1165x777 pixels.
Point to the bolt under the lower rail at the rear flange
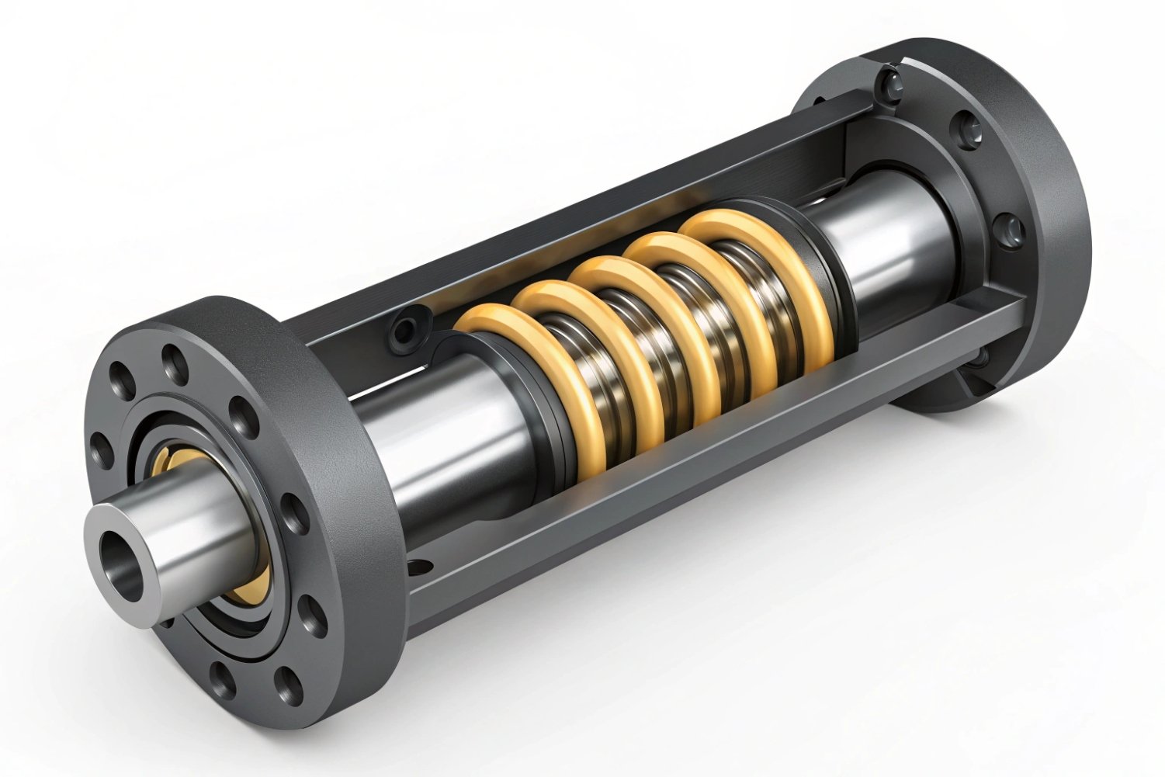point(980,357)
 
